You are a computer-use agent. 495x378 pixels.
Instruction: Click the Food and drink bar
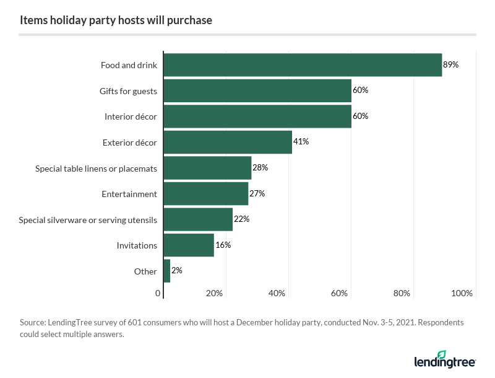[x=303, y=64]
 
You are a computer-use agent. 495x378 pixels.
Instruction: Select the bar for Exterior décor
[x=227, y=142]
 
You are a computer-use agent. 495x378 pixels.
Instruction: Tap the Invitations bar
[x=188, y=245]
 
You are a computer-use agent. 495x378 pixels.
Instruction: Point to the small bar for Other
[x=166, y=271]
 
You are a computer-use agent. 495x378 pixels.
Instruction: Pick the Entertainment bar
[x=205, y=193]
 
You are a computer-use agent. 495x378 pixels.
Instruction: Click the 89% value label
[x=450, y=64]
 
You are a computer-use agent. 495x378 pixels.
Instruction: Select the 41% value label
[x=301, y=142]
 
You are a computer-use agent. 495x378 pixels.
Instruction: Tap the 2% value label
[x=177, y=271]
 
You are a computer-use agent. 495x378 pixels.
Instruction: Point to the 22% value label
[x=241, y=219]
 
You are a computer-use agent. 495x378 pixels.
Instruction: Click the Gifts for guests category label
[x=128, y=91]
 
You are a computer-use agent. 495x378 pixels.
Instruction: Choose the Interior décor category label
[x=131, y=116]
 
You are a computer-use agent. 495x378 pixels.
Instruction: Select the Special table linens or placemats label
[x=96, y=169]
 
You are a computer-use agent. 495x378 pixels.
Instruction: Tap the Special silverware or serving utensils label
[x=88, y=220]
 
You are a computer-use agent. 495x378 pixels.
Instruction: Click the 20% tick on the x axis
[x=214, y=293]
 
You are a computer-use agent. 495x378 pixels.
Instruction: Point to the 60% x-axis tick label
[x=339, y=293]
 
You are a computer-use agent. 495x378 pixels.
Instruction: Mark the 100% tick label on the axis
[x=462, y=293]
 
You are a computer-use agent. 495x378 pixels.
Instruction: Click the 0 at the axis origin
[x=158, y=293]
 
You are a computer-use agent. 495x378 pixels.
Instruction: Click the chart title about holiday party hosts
[x=116, y=20]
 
